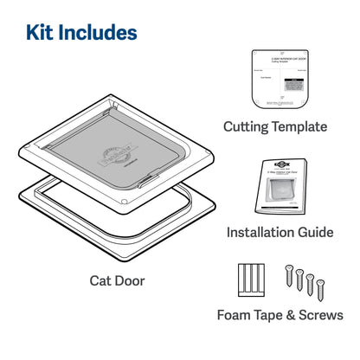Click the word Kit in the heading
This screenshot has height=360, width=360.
point(42,33)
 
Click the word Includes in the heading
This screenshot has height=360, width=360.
point(99,33)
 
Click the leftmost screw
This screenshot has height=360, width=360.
point(287,274)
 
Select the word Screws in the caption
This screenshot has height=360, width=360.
point(319,316)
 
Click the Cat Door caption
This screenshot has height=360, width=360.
point(116,280)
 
